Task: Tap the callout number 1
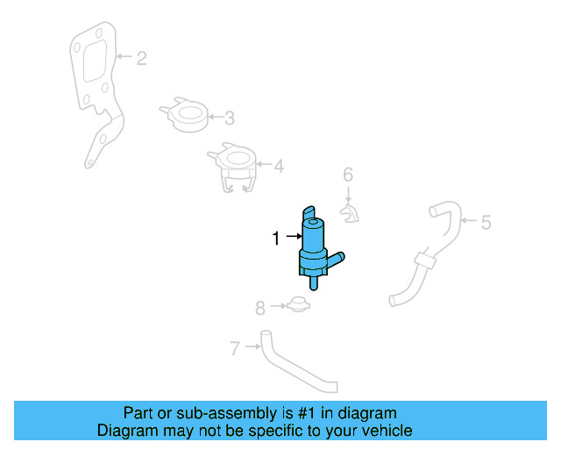275,238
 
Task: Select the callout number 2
141,59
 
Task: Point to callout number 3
229,118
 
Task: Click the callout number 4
278,166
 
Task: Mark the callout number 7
235,349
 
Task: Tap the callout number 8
259,308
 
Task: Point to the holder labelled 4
233,167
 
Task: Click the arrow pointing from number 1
291,238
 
